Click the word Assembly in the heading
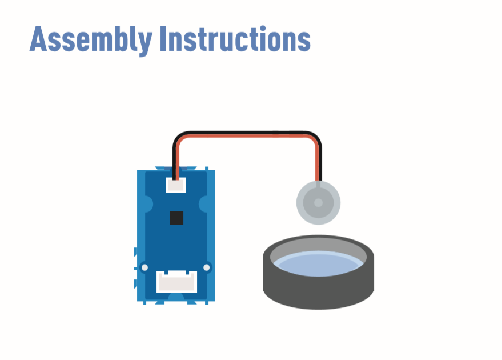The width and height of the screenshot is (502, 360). point(91,40)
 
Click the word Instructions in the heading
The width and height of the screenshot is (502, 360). point(235,39)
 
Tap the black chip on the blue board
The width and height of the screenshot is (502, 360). point(176,218)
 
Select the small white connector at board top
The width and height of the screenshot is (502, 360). point(175,185)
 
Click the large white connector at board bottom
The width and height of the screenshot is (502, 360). point(176,282)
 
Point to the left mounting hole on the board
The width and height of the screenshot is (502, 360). point(144,267)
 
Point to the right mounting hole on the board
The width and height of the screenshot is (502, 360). point(207,267)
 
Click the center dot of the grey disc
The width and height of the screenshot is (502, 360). point(318,203)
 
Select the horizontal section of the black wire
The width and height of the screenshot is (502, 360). point(247,133)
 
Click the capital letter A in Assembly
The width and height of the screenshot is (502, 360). point(38,39)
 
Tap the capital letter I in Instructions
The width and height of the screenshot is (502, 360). point(163,39)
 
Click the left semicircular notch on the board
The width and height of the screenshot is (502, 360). point(149,204)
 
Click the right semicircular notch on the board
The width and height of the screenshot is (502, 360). point(203,204)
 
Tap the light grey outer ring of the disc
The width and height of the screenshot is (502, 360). point(318,221)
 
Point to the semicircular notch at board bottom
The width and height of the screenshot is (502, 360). point(176,297)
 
